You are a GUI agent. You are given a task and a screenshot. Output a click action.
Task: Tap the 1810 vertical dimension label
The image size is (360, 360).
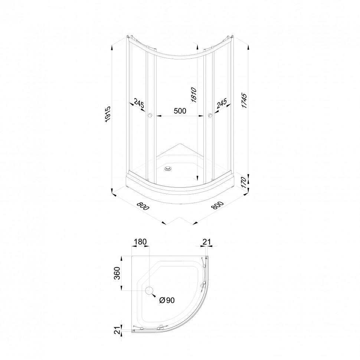click(x=193, y=95)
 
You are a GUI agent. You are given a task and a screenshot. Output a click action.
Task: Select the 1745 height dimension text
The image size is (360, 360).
click(x=244, y=101)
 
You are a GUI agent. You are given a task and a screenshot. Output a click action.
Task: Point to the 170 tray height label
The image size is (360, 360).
click(x=244, y=183)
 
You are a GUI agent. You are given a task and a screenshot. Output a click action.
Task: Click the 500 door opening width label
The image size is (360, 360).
click(x=180, y=111)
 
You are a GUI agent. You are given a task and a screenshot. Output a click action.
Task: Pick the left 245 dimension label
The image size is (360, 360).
click(x=139, y=103)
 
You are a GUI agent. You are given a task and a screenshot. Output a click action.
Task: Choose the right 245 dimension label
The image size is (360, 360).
click(x=222, y=103)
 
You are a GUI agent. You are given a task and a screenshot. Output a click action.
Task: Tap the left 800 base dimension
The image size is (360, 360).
click(x=143, y=206)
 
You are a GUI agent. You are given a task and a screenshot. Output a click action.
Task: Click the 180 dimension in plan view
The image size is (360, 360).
click(x=140, y=242)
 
